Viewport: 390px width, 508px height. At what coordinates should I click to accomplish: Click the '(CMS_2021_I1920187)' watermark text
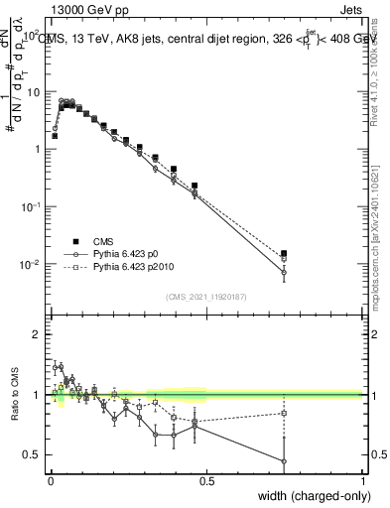[206, 296]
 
